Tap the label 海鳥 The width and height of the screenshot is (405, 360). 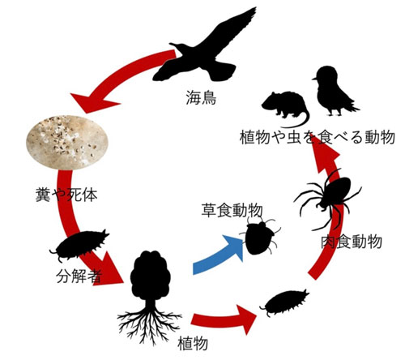pyautogui.click(x=201, y=97)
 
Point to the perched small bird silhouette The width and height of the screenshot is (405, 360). pyautogui.click(x=334, y=91)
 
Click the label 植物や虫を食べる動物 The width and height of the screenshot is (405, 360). pyautogui.click(x=318, y=137)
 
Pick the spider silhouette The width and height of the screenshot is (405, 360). pyautogui.click(x=328, y=200)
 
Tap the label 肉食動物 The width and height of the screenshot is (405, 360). pyautogui.click(x=352, y=242)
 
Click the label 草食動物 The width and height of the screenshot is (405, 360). pyautogui.click(x=232, y=210)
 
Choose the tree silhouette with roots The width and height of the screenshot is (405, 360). pyautogui.click(x=150, y=298)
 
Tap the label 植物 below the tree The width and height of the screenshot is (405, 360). pyautogui.click(x=193, y=343)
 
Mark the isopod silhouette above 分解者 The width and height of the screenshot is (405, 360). pyautogui.click(x=79, y=245)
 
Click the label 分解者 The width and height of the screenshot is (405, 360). pyautogui.click(x=79, y=276)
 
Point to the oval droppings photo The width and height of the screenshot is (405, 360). pyautogui.click(x=67, y=143)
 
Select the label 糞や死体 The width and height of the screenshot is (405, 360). pyautogui.click(x=66, y=195)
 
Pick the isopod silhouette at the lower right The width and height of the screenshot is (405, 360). pyautogui.click(x=285, y=302)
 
